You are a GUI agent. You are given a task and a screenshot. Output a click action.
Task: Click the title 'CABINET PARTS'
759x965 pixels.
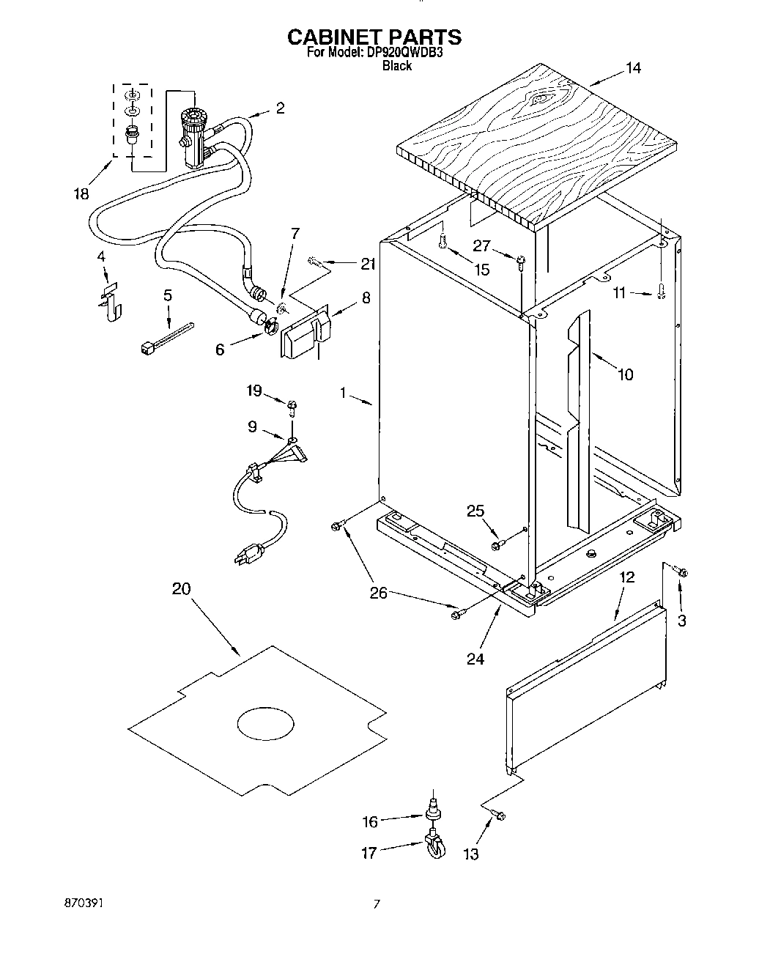coord(374,37)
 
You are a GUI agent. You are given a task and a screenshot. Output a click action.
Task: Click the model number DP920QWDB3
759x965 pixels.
coord(402,53)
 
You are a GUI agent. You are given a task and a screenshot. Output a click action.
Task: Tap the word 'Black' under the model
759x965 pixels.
coord(397,66)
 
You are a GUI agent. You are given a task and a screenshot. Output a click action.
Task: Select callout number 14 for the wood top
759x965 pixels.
coord(633,68)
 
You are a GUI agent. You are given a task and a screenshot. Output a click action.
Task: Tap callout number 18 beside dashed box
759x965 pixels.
coord(81,194)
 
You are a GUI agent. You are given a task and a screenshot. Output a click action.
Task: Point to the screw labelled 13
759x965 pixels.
coord(500,815)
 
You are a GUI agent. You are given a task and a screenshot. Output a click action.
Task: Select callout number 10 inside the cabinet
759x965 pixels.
coord(625,375)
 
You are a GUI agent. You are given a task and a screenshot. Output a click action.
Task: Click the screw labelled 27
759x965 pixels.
coord(521,262)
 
